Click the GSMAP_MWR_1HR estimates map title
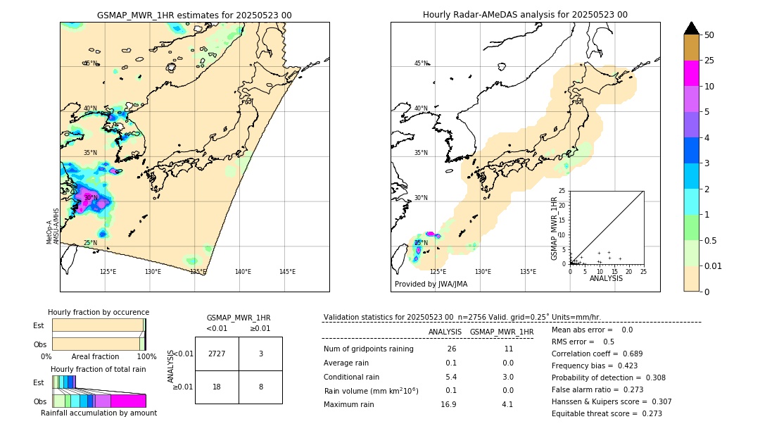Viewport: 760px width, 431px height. (x=194, y=15)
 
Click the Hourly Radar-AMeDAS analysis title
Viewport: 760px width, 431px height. (x=525, y=15)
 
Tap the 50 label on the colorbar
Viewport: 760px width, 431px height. (x=709, y=35)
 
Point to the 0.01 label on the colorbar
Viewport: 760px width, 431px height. (x=714, y=266)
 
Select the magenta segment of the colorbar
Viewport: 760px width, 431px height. (x=692, y=73)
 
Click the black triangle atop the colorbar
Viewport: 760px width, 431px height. (x=692, y=28)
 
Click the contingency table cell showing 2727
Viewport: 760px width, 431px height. (x=217, y=354)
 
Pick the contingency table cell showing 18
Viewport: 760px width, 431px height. (x=217, y=387)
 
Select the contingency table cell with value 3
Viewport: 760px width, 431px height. (x=260, y=354)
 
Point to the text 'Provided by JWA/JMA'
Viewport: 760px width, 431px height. (x=431, y=285)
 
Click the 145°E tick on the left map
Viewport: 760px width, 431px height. (x=287, y=272)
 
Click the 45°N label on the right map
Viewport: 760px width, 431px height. (x=421, y=63)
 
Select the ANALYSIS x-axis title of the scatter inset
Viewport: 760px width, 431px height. (x=606, y=278)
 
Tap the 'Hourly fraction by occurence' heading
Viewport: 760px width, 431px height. (x=99, y=312)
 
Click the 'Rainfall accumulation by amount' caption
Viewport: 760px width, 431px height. (x=99, y=413)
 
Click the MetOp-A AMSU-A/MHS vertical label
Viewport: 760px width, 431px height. (x=53, y=225)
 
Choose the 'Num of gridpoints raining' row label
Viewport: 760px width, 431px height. (x=369, y=349)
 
